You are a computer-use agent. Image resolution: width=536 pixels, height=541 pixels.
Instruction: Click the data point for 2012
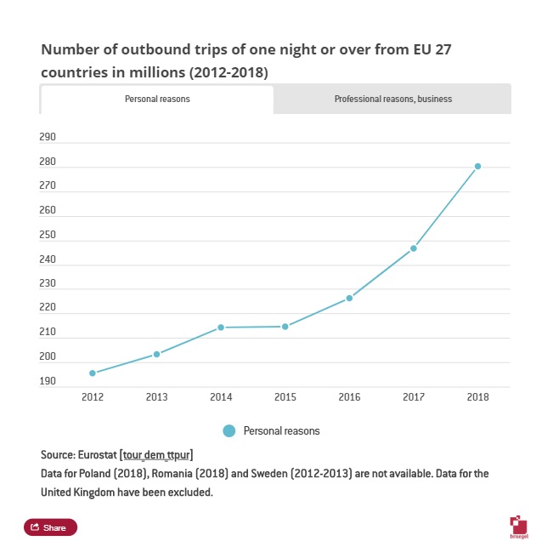click(93, 373)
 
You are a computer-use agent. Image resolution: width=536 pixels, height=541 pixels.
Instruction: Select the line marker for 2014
click(221, 327)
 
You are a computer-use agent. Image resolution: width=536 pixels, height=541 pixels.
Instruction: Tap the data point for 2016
click(349, 298)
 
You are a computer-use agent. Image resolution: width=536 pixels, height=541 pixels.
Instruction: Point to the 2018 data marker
click(477, 166)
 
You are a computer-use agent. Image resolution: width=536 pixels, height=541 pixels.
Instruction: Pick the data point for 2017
click(414, 248)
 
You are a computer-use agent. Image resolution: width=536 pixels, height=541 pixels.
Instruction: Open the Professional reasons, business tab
click(392, 100)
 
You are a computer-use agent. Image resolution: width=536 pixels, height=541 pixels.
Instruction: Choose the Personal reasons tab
click(157, 100)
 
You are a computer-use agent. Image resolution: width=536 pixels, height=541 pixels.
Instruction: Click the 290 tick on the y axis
click(48, 137)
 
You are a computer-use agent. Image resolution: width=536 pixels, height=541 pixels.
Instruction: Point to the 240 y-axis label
click(48, 259)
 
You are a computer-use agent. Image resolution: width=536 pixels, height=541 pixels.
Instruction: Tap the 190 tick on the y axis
click(48, 382)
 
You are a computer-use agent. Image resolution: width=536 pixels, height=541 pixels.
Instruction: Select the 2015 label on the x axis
click(285, 396)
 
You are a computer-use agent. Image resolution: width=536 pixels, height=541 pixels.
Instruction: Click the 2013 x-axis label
click(156, 396)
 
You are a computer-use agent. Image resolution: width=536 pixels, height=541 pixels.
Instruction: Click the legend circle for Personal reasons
click(229, 431)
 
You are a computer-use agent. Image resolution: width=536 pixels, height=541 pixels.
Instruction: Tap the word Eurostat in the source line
click(96, 455)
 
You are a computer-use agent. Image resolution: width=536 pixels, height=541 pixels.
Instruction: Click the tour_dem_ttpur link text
click(157, 455)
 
